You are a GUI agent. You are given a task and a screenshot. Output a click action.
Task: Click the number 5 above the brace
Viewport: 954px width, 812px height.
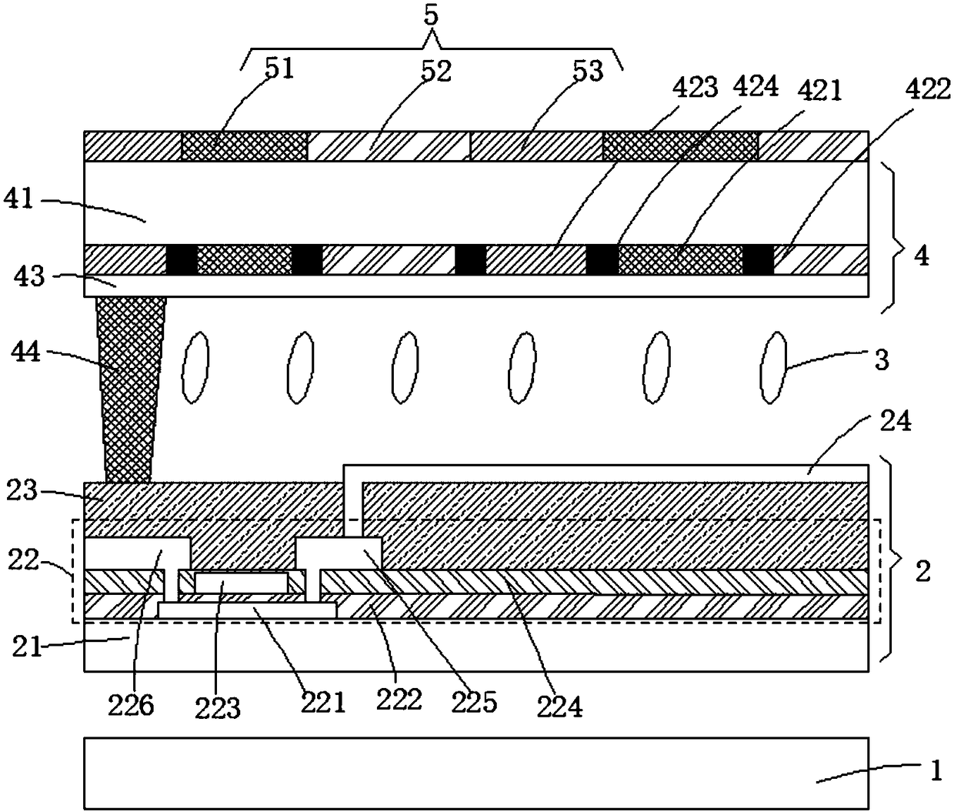point(432,16)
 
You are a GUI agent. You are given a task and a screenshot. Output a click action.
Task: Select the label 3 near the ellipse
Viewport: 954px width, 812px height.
point(882,359)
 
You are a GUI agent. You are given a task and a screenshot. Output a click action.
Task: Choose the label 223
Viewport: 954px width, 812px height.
point(218,707)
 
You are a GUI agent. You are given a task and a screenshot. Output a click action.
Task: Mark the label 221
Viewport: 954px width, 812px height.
point(323,702)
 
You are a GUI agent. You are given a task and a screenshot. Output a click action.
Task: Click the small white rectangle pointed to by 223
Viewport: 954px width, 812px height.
point(242,583)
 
